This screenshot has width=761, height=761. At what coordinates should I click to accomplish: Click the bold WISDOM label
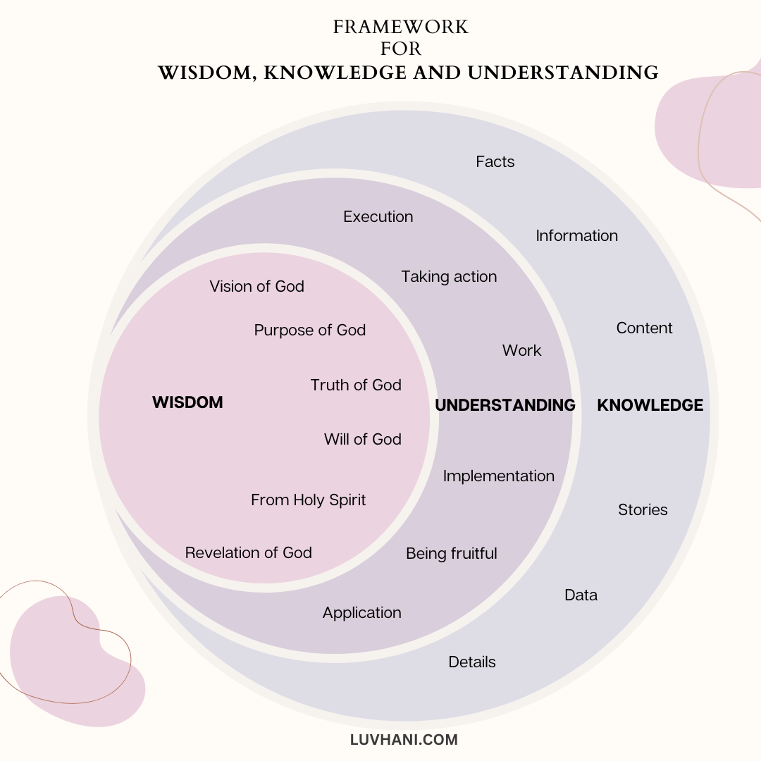point(187,402)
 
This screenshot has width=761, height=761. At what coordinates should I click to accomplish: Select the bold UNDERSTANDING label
point(505,405)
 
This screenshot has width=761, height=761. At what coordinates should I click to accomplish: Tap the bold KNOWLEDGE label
point(650,405)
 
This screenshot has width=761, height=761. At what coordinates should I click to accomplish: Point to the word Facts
point(495,162)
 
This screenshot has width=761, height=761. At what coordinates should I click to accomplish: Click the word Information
point(576,236)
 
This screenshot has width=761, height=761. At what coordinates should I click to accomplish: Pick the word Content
point(644,328)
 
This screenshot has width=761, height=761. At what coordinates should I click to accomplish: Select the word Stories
point(642,510)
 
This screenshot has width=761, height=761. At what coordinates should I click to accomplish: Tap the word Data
point(581,595)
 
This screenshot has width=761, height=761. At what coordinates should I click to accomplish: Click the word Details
point(471,662)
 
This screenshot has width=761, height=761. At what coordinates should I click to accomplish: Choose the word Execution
point(378,217)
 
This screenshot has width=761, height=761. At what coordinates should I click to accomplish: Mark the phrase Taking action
point(449,277)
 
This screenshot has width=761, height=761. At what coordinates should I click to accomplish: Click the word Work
point(521,351)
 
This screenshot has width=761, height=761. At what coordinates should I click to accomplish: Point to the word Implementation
point(498,476)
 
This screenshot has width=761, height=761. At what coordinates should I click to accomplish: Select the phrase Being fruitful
point(451,554)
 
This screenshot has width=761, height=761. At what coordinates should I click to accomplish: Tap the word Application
point(361,613)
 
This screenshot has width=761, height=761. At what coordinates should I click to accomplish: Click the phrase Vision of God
point(256,287)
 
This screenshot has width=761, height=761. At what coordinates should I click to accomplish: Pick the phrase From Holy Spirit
point(308,500)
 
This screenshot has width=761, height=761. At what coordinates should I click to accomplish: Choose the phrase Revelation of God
point(248,553)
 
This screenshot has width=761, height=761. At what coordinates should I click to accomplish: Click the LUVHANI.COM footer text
point(404,740)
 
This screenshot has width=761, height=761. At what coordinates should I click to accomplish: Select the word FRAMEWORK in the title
point(400,27)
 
